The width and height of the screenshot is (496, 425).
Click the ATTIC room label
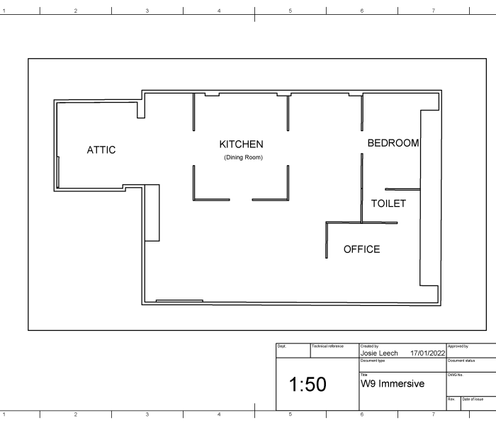click(101, 150)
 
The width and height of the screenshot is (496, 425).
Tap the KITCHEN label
click(242, 144)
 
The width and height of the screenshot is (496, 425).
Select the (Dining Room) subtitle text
click(243, 157)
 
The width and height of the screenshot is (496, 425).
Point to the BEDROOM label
click(393, 143)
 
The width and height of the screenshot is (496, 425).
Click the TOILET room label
click(388, 203)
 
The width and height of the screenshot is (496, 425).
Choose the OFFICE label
click(362, 249)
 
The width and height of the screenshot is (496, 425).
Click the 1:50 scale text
click(308, 384)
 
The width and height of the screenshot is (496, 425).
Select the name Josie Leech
click(379, 353)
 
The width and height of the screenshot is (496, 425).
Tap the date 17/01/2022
click(428, 353)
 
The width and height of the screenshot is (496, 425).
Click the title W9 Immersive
click(393, 384)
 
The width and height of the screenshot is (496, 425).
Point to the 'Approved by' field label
click(458, 346)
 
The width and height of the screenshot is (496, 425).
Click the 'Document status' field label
click(461, 361)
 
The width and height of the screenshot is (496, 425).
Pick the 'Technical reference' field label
click(327, 346)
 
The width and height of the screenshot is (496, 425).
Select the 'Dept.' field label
click(281, 346)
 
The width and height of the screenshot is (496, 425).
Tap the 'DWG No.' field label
click(456, 375)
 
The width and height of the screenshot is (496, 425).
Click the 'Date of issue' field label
click(473, 399)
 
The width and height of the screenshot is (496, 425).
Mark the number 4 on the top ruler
click(219, 11)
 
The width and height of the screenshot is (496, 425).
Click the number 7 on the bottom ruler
click(434, 414)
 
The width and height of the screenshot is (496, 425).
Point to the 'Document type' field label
click(372, 361)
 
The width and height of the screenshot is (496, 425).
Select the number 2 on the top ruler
click(76, 11)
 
